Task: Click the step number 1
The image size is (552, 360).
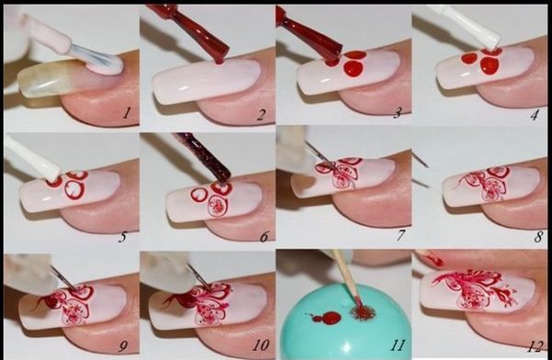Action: click(127, 113)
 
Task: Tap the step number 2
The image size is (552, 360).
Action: click(260, 115)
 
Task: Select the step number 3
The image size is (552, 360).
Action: click(397, 112)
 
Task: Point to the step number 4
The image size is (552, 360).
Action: click(534, 115)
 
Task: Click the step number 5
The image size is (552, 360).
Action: click(122, 237)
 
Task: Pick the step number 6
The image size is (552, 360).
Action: click(264, 237)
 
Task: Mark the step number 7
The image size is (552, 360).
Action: click(401, 235)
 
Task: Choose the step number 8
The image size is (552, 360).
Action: click(538, 237)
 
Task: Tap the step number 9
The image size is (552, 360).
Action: click(123, 346)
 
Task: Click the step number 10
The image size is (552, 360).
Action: click(260, 345)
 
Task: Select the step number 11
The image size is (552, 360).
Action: click(397, 345)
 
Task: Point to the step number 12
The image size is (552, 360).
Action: click(535, 347)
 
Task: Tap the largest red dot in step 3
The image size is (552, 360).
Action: click(352, 67)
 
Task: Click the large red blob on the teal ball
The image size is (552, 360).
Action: click(331, 318)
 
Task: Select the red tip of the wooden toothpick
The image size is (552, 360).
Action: click(356, 303)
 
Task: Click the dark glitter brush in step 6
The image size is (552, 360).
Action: click(205, 157)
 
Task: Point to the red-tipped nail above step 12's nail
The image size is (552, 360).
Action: click(431, 259)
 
